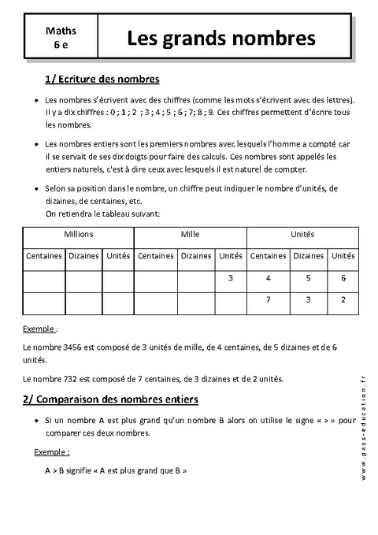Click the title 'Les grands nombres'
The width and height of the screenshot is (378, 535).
point(222,38)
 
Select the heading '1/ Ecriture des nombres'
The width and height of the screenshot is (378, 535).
point(102,80)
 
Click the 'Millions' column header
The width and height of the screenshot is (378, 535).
point(78,235)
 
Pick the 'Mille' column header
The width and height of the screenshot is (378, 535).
point(190,235)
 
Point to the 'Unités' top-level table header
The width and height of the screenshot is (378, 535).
point(302,235)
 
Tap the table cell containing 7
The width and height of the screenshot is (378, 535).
point(269,299)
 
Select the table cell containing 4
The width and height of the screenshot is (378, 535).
point(269,278)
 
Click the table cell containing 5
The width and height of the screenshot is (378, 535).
point(309,278)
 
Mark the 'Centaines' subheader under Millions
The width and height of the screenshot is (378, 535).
point(44,256)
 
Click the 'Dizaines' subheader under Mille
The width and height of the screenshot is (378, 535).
point(196,256)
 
